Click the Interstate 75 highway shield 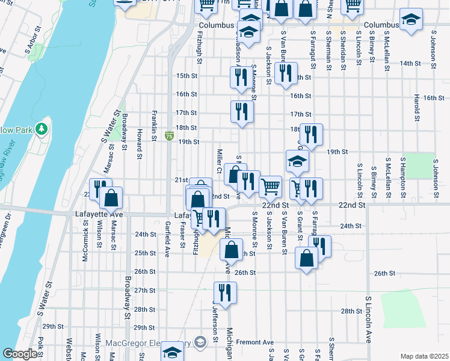(170, 137)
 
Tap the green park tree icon (41, 128)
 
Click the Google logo (20, 354)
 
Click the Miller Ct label (220, 161)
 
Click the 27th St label (145, 291)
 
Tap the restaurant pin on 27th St (226, 293)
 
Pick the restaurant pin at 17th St (242, 111)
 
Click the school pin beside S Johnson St (411, 20)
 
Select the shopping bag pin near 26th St (307, 258)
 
